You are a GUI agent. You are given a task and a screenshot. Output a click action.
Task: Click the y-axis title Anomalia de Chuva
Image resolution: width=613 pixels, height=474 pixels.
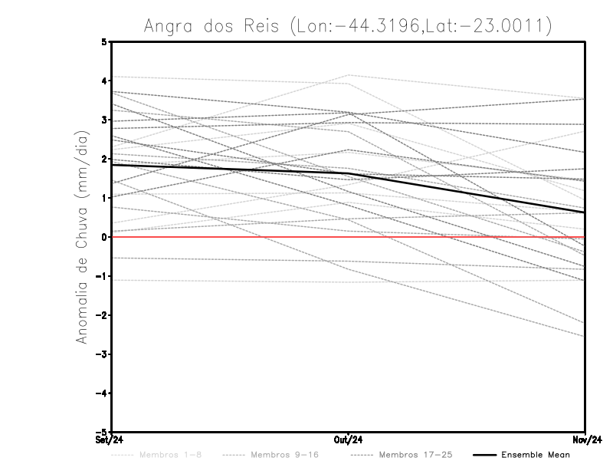pyautogui.click(x=82, y=238)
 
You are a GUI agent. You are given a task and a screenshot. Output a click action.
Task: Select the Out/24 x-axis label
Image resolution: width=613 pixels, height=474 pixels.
pyautogui.click(x=349, y=439)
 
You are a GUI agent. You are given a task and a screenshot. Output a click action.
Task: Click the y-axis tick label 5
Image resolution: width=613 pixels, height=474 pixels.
pyautogui.click(x=104, y=42)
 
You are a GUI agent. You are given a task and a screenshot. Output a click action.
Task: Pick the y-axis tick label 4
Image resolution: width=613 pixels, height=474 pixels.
pyautogui.click(x=104, y=81)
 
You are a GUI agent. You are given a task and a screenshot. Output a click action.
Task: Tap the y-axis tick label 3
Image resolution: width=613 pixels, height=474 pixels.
pyautogui.click(x=104, y=120)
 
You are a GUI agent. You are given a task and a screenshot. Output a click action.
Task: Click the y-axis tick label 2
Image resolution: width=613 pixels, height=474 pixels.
pyautogui.click(x=104, y=160)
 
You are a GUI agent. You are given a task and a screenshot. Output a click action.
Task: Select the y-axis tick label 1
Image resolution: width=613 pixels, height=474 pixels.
pyautogui.click(x=104, y=199)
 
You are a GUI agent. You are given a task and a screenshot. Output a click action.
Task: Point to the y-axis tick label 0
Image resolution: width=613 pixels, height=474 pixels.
pyautogui.click(x=104, y=237)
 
